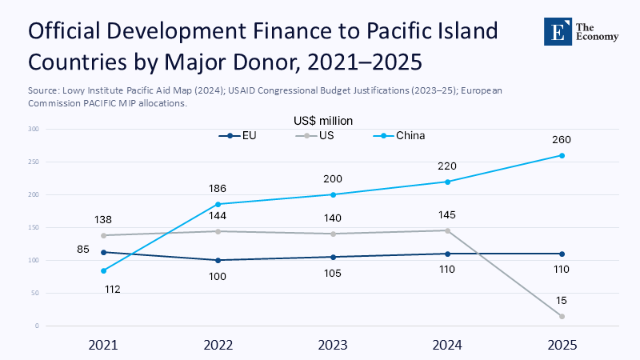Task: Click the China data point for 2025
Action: (562, 155)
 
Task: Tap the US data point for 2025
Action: (562, 316)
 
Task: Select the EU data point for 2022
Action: (218, 260)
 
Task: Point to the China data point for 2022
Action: (218, 204)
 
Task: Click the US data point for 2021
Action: (104, 235)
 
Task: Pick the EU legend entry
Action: (243, 135)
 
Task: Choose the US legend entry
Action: (319, 135)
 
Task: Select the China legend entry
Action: (404, 135)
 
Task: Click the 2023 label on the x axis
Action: (333, 345)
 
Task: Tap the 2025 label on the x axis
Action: (562, 345)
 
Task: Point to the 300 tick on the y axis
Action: (34, 129)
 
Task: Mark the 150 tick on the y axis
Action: (34, 227)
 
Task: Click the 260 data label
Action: (562, 140)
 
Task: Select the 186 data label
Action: (218, 188)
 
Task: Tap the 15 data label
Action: (562, 301)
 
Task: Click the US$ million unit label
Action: (324, 121)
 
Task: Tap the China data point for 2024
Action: (447, 182)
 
